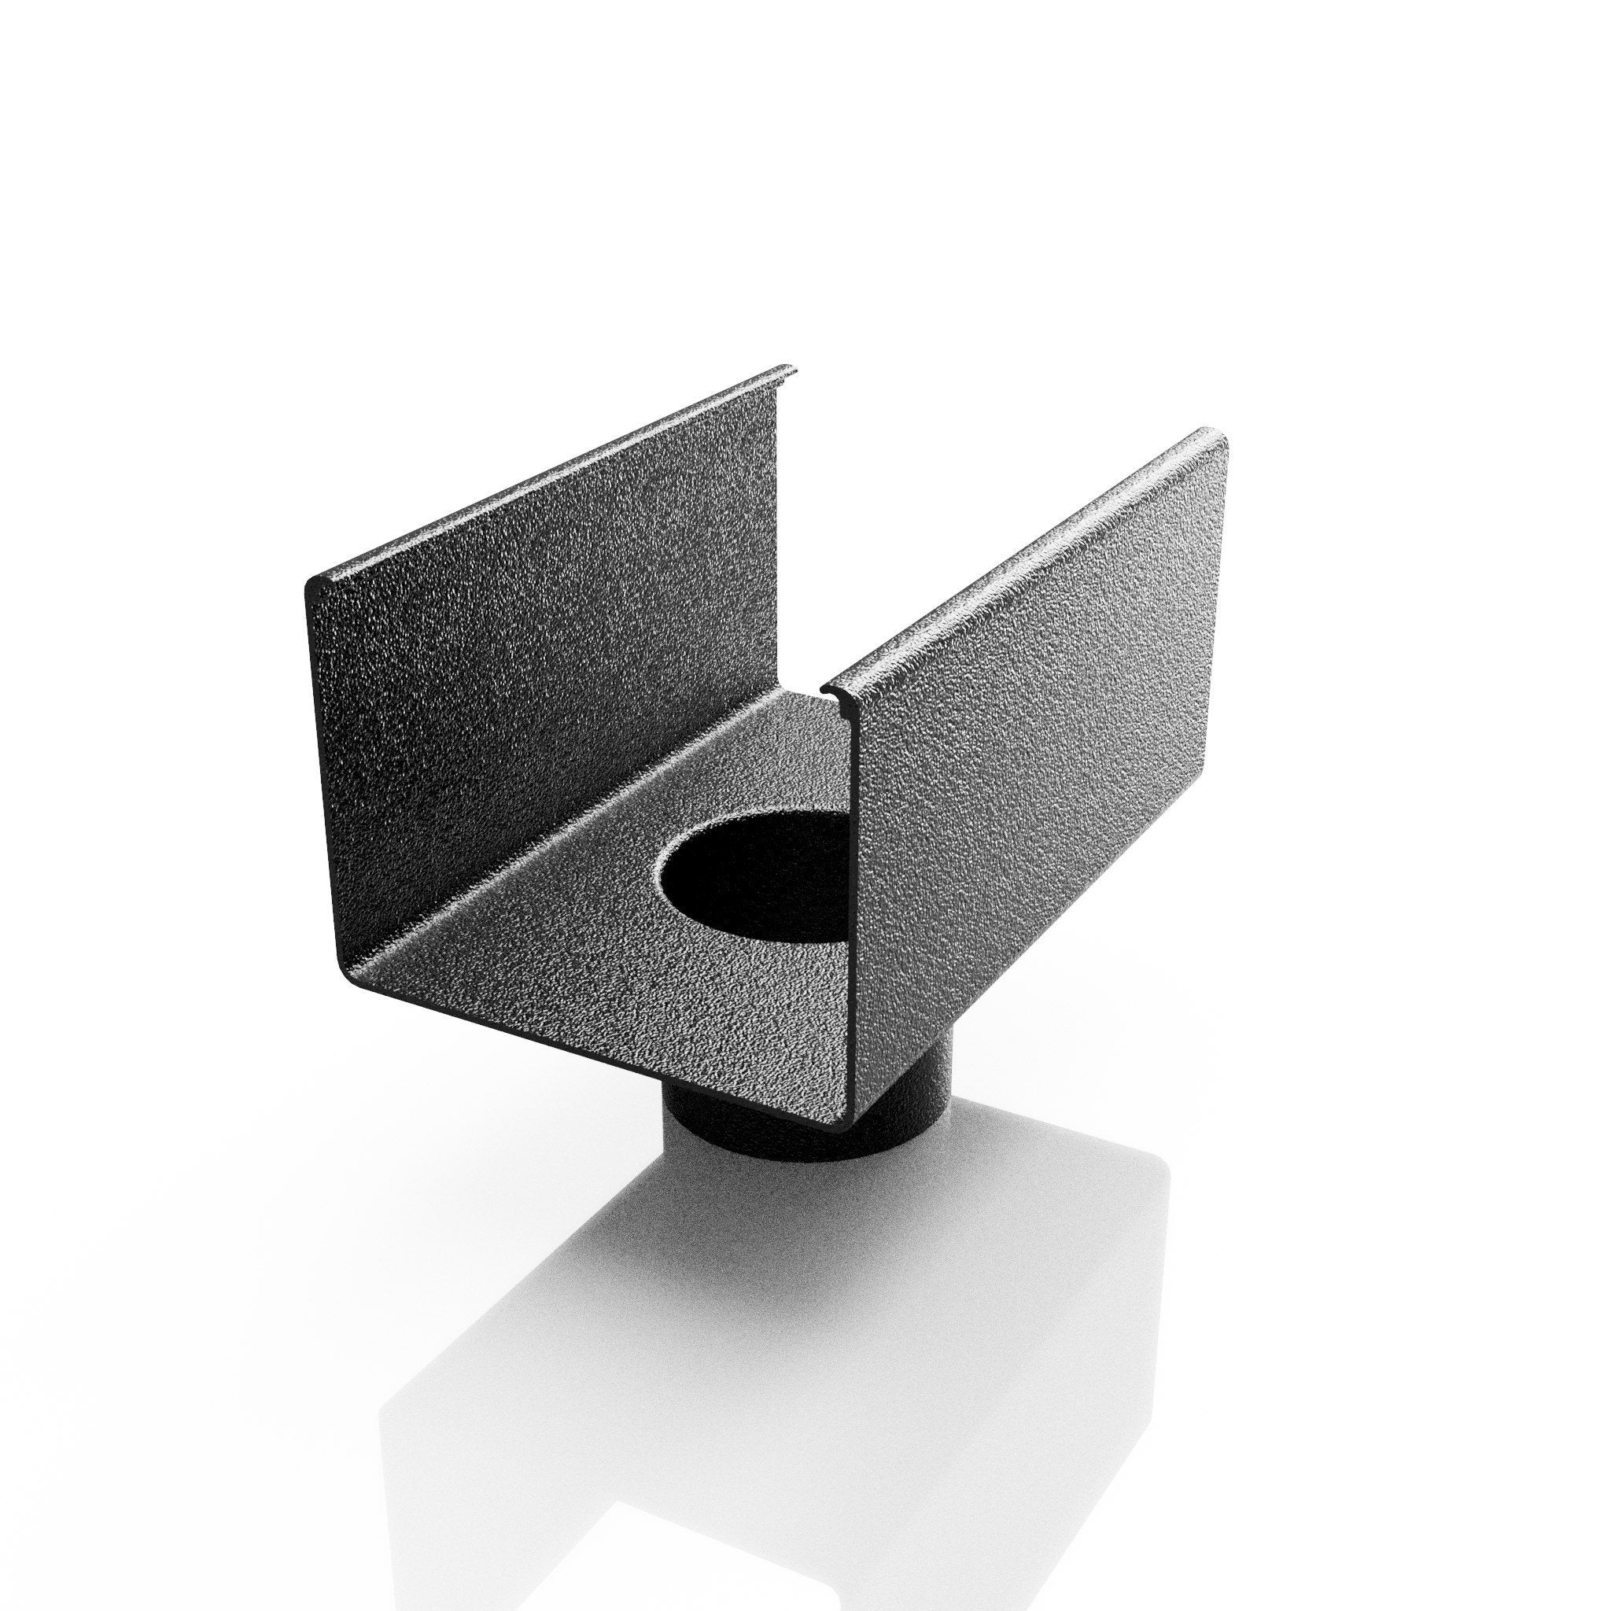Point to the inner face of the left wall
pyautogui.click(x=533, y=667)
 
